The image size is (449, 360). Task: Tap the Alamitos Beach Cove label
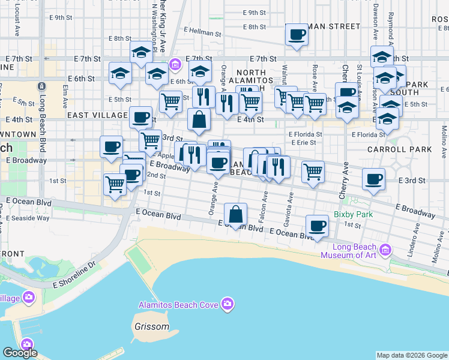(x=178, y=305)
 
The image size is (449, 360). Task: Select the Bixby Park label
(x=354, y=214)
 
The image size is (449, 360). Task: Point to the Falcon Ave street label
(x=265, y=203)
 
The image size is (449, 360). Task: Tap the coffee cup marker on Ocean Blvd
(x=317, y=226)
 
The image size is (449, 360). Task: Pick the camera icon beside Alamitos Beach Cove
(x=227, y=304)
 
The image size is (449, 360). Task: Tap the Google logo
(x=20, y=353)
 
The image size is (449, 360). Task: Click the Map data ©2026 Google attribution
(x=412, y=355)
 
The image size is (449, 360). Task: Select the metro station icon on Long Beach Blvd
(x=41, y=86)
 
